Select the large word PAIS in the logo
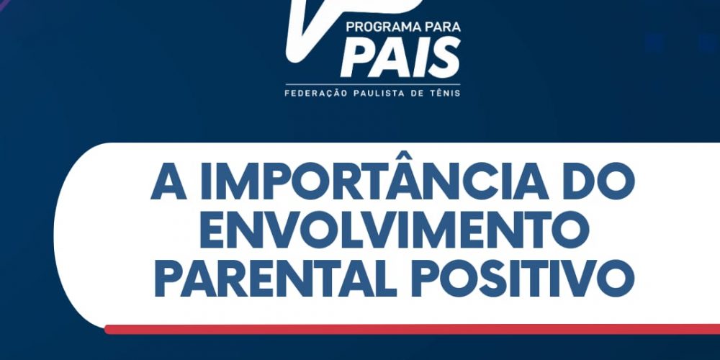pyautogui.click(x=400, y=58)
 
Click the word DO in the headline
pyautogui.click(x=600, y=181)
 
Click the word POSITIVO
pyautogui.click(x=523, y=278)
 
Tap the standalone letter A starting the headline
pyautogui.click(x=168, y=181)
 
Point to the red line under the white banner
pyautogui.click(x=413, y=329)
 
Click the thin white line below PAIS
pyautogui.click(x=372, y=84)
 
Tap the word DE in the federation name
pyautogui.click(x=416, y=93)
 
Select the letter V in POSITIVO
pyautogui.click(x=578, y=278)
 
